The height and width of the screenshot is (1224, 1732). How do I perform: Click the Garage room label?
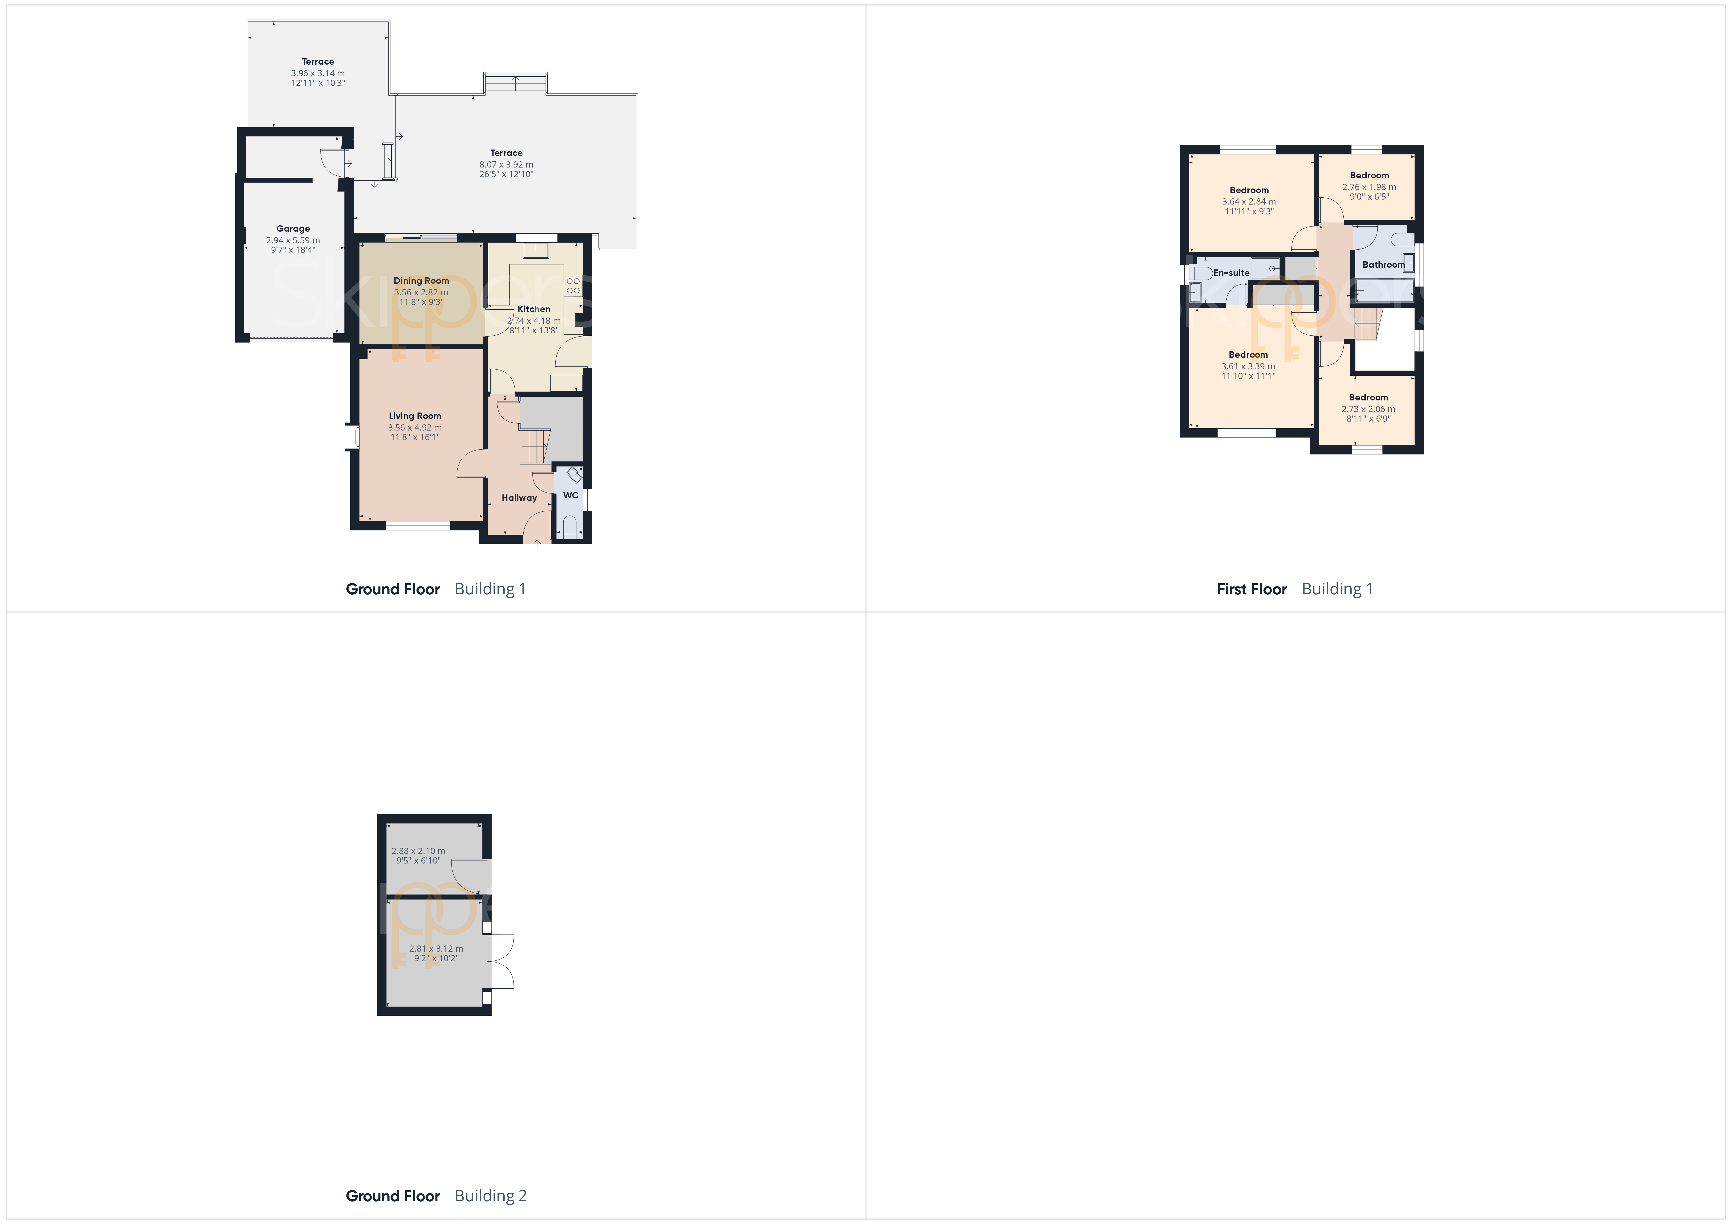[x=293, y=228]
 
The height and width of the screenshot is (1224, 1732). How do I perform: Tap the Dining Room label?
[x=421, y=281]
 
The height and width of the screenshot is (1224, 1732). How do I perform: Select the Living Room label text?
[x=415, y=415]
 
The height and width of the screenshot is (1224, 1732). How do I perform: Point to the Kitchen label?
[x=534, y=309]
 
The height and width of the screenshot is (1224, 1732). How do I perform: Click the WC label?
[x=570, y=495]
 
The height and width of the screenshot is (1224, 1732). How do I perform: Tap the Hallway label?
[x=519, y=498]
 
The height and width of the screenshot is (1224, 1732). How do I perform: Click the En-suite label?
[x=1231, y=273]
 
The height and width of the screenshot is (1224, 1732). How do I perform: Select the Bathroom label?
[x=1383, y=265]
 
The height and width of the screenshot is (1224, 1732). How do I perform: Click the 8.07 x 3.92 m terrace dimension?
[x=506, y=164]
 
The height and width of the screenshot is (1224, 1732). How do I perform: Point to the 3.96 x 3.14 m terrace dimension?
[x=317, y=73]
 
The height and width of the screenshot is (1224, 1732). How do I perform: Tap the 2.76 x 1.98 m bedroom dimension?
[x=1369, y=187]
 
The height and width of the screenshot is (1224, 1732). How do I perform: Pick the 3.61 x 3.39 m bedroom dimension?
[x=1248, y=367]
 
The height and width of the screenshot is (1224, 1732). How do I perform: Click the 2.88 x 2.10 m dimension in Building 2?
[x=418, y=851]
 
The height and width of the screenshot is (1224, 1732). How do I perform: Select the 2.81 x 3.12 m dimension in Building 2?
[x=436, y=949]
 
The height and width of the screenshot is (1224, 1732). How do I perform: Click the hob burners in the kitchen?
[x=573, y=286]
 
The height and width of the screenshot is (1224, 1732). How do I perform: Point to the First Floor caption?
[x=1251, y=589]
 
